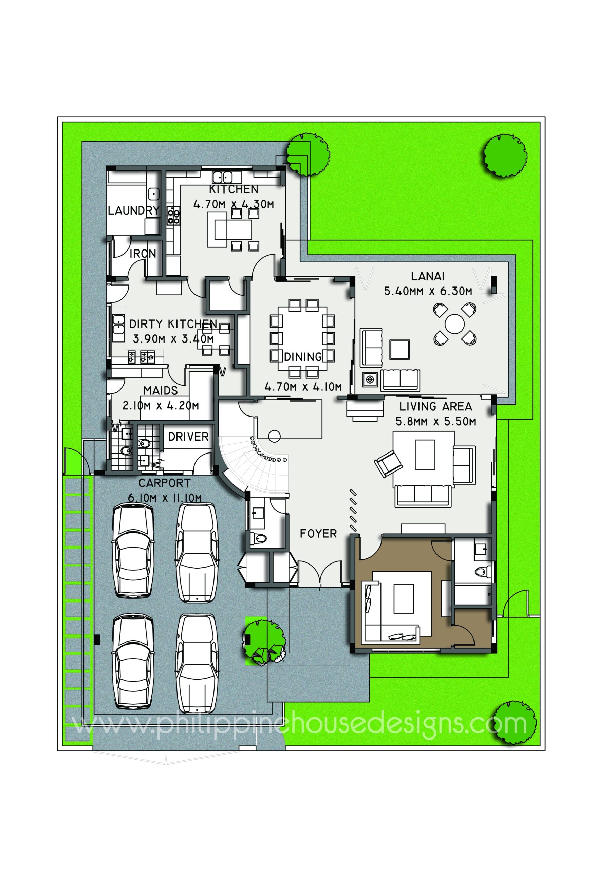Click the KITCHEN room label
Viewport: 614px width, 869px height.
tap(234, 189)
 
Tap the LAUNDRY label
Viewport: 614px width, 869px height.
tap(133, 210)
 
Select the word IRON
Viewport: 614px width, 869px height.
tap(143, 254)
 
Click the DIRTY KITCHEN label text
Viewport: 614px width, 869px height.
tap(173, 324)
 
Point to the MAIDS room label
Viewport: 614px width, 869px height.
tap(161, 391)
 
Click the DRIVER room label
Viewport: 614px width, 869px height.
tap(188, 437)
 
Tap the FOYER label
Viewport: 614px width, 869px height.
tap(318, 534)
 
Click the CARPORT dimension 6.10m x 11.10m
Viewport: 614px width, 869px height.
tap(165, 498)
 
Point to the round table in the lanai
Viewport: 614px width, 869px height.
tap(454, 323)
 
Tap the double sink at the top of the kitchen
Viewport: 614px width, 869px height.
tap(222, 177)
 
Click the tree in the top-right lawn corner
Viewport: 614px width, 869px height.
tap(505, 155)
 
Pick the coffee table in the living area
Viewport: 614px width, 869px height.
tap(425, 454)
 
